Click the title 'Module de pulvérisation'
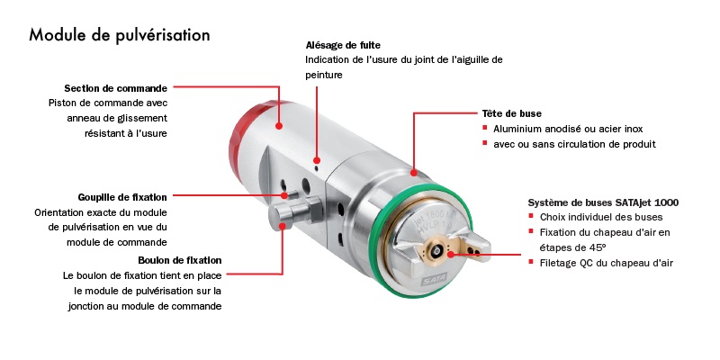(x=120, y=35)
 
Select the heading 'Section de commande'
(x=116, y=88)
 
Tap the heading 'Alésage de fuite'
(x=343, y=46)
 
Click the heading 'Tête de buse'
(x=511, y=113)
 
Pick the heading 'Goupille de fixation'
(x=122, y=197)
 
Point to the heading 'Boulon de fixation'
(x=179, y=260)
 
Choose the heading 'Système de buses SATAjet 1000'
(x=603, y=202)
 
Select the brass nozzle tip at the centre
(x=438, y=250)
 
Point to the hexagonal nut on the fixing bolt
(x=314, y=209)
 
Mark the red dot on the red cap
(x=279, y=125)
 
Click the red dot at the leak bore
(x=317, y=160)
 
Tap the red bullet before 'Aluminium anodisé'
(x=485, y=128)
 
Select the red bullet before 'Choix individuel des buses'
(x=531, y=215)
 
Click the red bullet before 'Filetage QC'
(x=531, y=262)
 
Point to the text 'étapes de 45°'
(x=573, y=248)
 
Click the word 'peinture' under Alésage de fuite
(x=324, y=76)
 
